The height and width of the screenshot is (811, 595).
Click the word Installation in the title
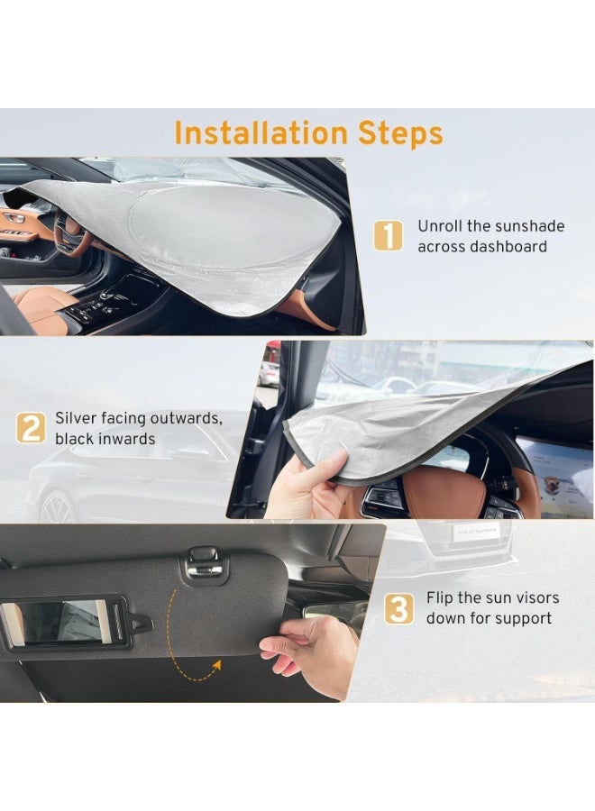261,132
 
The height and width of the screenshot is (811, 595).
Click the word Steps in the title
401,134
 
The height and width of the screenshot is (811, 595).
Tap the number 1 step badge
388,236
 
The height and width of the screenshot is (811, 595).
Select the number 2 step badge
31,428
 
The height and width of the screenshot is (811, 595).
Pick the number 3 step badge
398,608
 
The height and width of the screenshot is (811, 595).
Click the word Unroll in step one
440,226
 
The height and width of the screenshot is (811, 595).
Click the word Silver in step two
76,418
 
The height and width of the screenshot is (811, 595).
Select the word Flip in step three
441,598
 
